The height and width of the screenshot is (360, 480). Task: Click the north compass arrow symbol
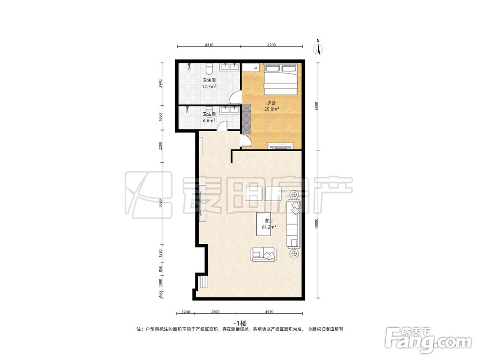[318, 48]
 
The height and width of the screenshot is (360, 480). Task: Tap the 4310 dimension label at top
[209, 45]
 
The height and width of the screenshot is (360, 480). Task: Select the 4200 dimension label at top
[272, 45]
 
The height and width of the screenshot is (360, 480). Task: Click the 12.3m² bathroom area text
[209, 86]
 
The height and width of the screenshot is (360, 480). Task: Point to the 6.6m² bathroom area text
[209, 120]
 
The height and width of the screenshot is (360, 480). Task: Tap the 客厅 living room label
[269, 220]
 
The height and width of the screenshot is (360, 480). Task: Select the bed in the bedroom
[281, 79]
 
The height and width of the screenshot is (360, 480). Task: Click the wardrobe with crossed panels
[246, 119]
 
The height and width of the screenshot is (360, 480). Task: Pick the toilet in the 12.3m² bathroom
[209, 69]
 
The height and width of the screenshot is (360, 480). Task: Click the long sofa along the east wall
[293, 224]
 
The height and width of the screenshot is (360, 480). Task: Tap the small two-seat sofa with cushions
[263, 255]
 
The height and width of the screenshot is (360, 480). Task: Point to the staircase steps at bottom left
[204, 281]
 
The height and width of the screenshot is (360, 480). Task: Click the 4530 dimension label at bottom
[269, 312]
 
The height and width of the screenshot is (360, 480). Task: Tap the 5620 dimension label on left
[161, 203]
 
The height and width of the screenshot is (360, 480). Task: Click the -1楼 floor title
[240, 323]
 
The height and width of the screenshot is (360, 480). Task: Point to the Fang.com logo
[428, 340]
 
